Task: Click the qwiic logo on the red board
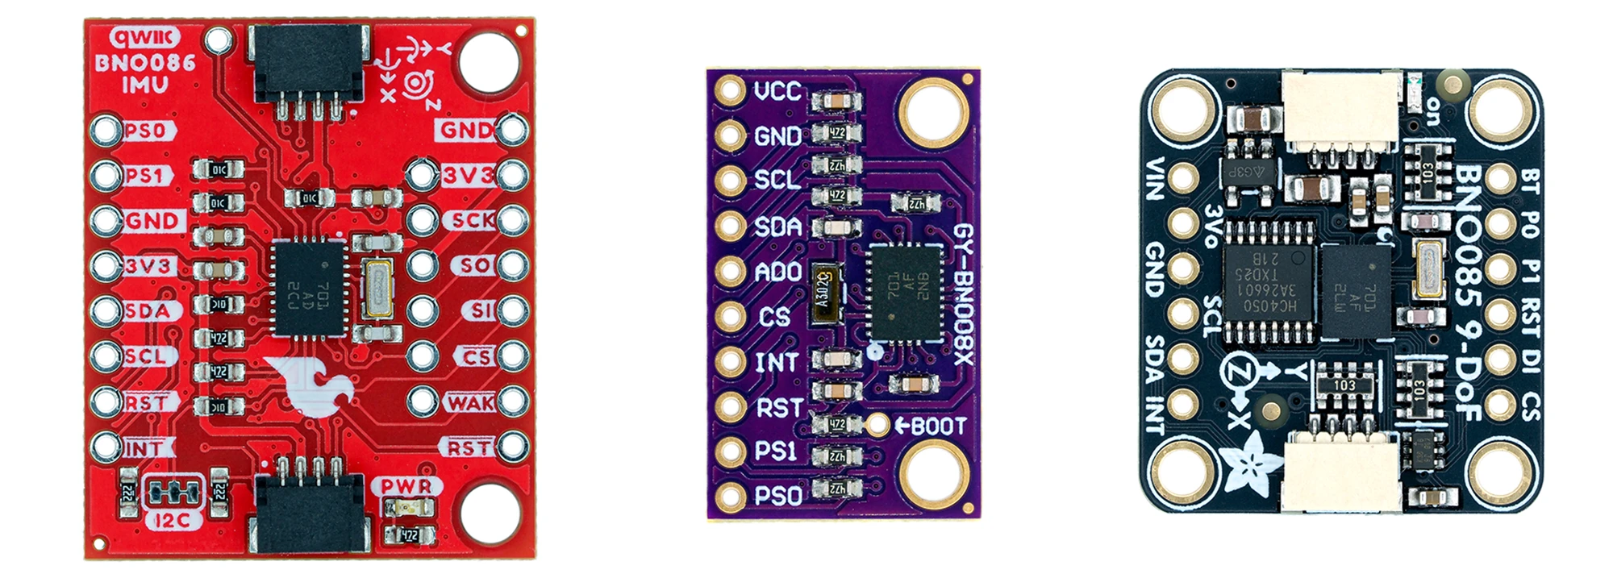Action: coord(144,37)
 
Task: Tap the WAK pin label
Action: coord(470,401)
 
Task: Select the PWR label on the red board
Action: coord(406,486)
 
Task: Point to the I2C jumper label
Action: coord(172,520)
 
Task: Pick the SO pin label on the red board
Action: coord(475,264)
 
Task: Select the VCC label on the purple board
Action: coord(777,91)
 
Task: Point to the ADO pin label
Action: coord(777,272)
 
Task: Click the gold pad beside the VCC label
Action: coord(729,91)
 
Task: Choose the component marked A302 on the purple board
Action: coord(824,293)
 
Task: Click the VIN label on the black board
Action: coord(1155,180)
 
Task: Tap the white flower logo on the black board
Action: coord(1252,465)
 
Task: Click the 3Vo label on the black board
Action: coord(1211,227)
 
